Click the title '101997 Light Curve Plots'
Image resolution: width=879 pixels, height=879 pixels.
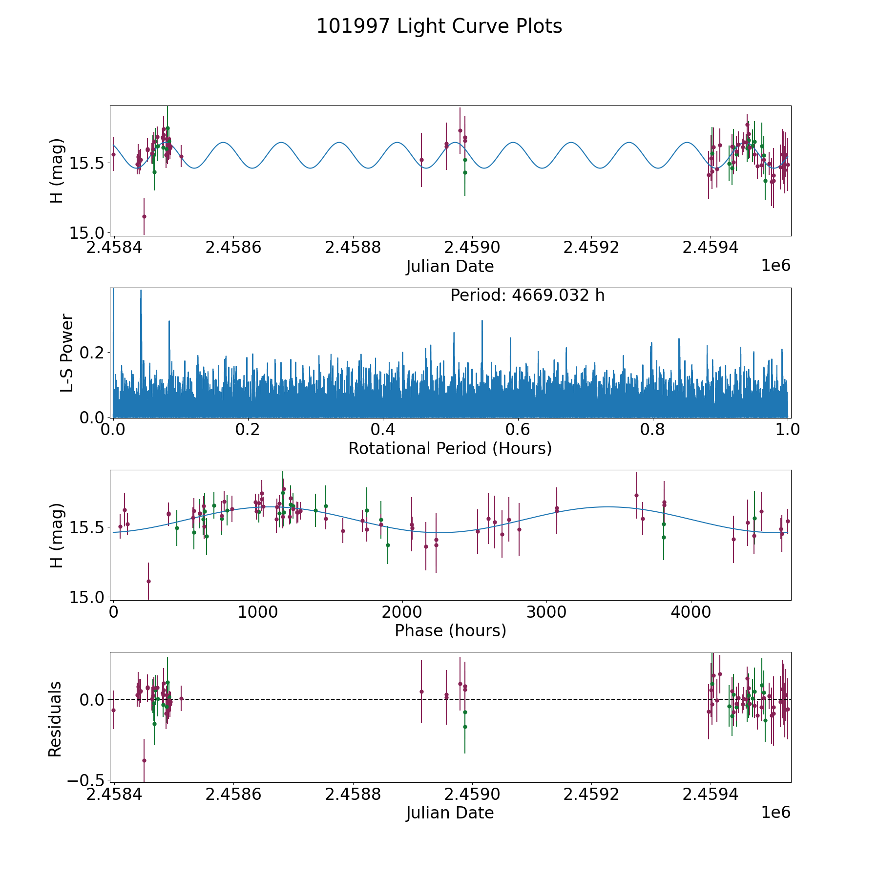[439, 26]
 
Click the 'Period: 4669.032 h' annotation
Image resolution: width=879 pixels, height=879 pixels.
[527, 295]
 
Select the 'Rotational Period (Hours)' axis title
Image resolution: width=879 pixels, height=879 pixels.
[450, 448]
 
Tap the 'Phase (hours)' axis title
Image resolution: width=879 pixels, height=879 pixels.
[450, 630]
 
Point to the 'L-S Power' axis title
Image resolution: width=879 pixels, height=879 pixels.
[67, 353]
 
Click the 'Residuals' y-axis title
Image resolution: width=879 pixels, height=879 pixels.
[55, 719]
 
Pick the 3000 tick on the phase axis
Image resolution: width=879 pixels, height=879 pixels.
[546, 612]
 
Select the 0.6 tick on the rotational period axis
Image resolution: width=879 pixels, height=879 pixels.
[518, 430]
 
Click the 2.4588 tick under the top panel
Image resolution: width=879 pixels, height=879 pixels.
[353, 248]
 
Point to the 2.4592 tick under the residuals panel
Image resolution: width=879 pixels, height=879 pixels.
[591, 795]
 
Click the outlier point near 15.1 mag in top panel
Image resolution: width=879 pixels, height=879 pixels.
[144, 216]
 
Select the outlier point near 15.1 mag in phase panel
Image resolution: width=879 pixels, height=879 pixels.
[148, 581]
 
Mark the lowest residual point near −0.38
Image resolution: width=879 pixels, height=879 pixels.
[144, 760]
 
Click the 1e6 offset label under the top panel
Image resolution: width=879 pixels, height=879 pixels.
[775, 266]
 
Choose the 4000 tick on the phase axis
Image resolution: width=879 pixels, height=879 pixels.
[691, 612]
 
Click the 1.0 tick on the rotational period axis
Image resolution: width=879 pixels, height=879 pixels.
[788, 430]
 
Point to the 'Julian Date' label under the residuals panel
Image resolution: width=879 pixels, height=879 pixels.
[450, 813]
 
